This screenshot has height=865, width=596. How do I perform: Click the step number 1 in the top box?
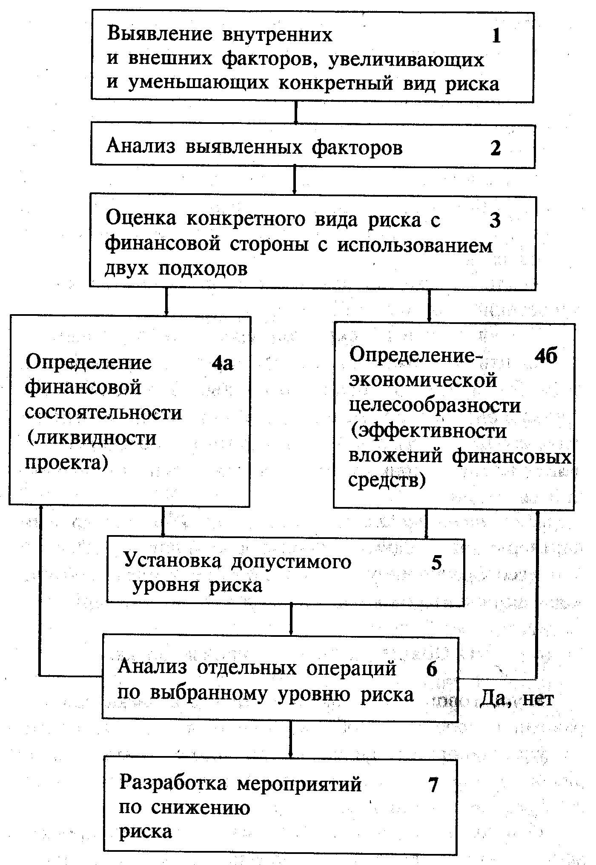click(496, 36)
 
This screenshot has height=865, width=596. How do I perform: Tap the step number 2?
click(496, 148)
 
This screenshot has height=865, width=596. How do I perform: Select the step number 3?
click(495, 221)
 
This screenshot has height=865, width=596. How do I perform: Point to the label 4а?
click(223, 363)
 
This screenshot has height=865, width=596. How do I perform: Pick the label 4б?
click(545, 356)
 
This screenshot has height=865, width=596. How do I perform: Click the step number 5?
click(437, 562)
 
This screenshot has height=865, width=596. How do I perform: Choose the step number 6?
click(432, 669)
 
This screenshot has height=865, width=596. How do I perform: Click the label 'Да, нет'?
click(517, 699)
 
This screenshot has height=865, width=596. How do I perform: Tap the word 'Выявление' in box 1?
click(160, 34)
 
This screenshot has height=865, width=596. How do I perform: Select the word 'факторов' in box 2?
click(357, 148)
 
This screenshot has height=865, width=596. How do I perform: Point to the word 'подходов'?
click(203, 269)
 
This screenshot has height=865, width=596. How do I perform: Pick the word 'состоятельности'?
click(103, 412)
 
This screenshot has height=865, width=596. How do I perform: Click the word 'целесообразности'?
click(435, 405)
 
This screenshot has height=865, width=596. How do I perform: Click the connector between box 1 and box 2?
click(295, 112)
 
